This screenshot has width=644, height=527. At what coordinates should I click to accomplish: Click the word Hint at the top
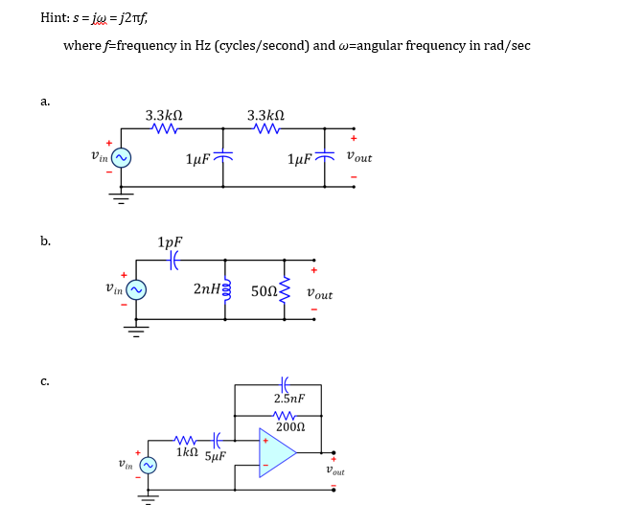point(56,17)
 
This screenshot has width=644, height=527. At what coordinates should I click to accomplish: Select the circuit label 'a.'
point(45,101)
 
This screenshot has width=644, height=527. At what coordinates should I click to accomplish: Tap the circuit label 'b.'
point(45,241)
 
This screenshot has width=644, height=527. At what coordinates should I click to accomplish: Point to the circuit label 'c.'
point(45,381)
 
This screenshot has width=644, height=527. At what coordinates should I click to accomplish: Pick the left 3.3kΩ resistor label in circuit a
point(164,115)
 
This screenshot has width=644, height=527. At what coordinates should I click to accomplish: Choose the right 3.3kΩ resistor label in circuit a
point(265,115)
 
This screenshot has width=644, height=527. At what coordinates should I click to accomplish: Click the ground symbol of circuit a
point(122,197)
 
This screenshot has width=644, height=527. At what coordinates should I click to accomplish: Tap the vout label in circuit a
point(359,157)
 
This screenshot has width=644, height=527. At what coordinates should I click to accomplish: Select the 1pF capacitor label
point(170,242)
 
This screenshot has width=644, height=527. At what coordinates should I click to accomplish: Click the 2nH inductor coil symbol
point(227,289)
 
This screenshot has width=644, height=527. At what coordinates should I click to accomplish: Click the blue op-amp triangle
point(276,452)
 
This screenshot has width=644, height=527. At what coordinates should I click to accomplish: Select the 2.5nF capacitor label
point(288,399)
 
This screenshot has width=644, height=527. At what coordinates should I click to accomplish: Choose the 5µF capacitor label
point(216,455)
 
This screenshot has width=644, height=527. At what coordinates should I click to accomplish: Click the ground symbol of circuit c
point(149,499)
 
